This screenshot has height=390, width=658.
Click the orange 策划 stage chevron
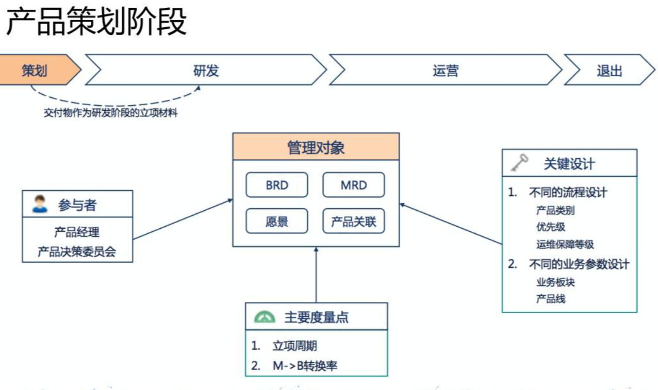(x=36, y=71)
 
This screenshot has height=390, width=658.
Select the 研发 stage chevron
(x=206, y=71)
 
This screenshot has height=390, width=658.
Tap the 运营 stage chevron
(x=446, y=71)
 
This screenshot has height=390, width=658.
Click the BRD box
(x=277, y=185)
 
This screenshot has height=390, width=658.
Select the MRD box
(x=354, y=185)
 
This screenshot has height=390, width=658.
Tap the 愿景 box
(x=277, y=222)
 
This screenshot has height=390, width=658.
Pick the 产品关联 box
(x=354, y=222)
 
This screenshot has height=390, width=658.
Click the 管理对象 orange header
(x=316, y=148)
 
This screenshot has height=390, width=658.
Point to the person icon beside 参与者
(x=40, y=204)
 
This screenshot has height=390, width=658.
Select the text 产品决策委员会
(x=77, y=252)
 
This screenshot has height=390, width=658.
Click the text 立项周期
(x=294, y=346)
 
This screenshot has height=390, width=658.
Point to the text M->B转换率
(x=305, y=366)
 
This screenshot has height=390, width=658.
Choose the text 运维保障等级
(x=565, y=245)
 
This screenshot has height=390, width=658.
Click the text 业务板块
(x=555, y=282)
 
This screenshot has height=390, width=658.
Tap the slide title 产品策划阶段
(x=96, y=22)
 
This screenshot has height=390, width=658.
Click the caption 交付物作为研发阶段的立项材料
(x=110, y=113)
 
